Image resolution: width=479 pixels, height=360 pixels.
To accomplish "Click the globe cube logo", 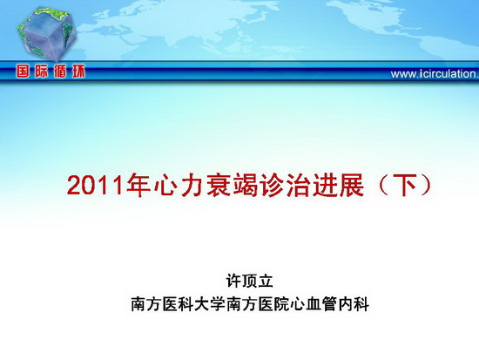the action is tap(47, 34).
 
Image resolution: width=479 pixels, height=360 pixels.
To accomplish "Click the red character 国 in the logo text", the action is tap(23, 71).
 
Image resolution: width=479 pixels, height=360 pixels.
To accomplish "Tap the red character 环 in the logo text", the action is tap(78, 71).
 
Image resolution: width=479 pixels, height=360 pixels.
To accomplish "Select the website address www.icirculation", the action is tap(435, 74).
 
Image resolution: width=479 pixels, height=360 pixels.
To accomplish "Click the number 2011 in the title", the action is tap(95, 186).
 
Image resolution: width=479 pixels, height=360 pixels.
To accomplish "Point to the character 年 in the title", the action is tap(138, 186).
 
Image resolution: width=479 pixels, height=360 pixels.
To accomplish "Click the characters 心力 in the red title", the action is tap(179, 186).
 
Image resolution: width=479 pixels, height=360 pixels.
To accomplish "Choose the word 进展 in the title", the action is tap(338, 186).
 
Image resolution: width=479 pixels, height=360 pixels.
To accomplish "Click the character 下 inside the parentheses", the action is tap(404, 186).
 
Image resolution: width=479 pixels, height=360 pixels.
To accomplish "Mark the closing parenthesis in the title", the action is tap(427, 186).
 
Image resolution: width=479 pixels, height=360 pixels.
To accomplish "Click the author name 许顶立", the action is tap(249, 281).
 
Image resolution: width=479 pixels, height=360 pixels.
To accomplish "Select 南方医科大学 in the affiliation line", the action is tap(178, 303).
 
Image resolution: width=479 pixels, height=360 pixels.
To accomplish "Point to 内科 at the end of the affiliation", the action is tap(354, 303).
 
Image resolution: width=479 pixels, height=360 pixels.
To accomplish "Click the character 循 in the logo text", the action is tap(60, 71).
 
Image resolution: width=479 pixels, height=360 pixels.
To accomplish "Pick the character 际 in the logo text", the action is tap(42, 71).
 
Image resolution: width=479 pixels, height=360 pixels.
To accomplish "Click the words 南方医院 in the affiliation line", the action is tap(258, 303).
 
